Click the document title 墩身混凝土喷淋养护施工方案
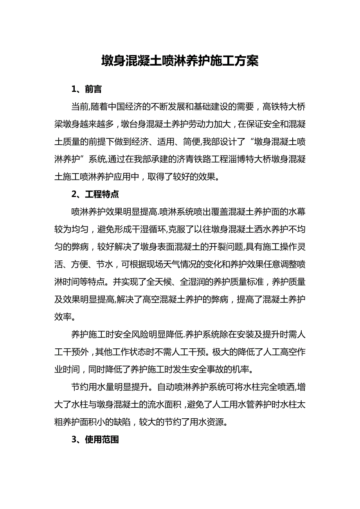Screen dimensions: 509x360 pyautogui.click(x=180, y=61)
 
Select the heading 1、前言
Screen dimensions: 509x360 pyautogui.click(x=86, y=89)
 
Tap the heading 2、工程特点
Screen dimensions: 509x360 pyautogui.click(x=95, y=194)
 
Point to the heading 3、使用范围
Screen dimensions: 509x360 pyautogui.click(x=95, y=439)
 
